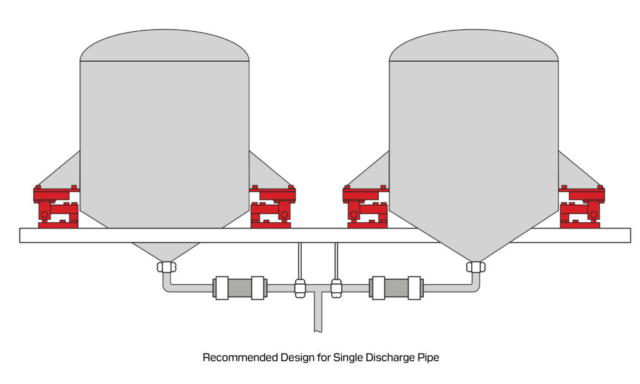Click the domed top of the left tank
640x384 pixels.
[164, 46]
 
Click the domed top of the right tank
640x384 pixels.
[473, 46]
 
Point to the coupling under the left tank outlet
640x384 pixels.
[166, 267]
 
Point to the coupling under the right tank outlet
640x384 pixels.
[476, 267]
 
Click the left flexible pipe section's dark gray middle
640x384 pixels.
[240, 288]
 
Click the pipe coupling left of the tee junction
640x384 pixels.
[300, 288]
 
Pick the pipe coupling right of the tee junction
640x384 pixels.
[336, 288]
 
